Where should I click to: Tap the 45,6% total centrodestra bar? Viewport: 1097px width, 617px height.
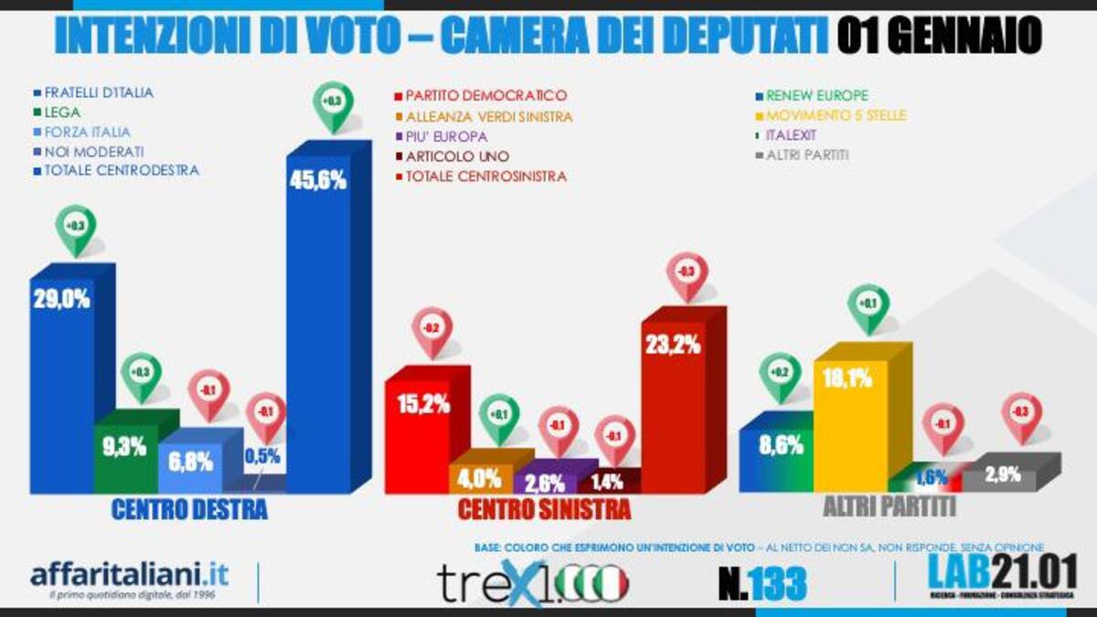click(318, 329)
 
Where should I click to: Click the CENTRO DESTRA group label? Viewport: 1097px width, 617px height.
click(189, 510)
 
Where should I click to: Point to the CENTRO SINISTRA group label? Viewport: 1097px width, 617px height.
click(544, 510)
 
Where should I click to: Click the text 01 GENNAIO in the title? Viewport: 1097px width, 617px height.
click(938, 37)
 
